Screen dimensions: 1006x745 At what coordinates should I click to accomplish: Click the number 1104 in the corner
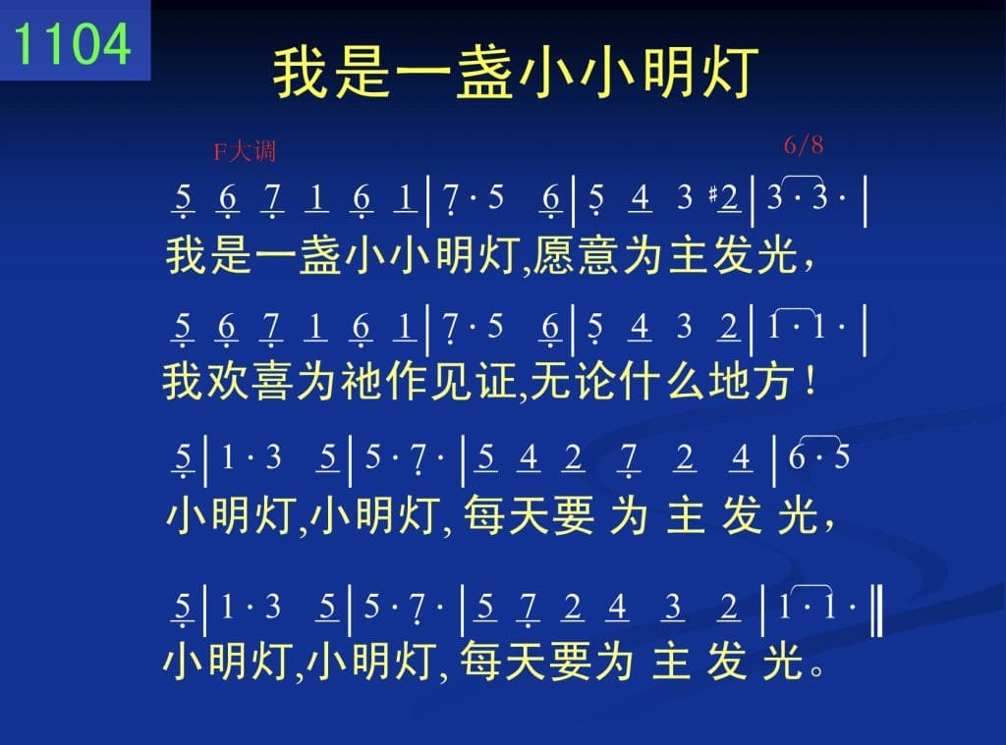72,43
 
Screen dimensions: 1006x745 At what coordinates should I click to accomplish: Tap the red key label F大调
245,151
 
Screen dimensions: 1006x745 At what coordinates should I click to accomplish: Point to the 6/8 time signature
804,145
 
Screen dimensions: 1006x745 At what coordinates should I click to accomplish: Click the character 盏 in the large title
484,72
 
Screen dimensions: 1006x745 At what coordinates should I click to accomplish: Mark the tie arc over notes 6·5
819,438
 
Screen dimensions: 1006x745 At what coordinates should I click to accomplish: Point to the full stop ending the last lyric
817,670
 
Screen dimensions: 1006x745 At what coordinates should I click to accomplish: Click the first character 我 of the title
302,72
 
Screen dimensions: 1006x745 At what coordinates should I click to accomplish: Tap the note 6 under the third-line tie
796,457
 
